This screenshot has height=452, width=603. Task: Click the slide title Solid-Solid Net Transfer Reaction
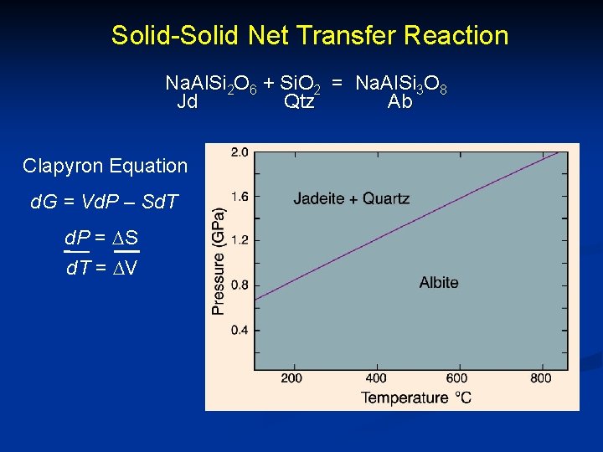[310, 35]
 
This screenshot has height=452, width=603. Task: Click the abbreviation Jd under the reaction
[188, 102]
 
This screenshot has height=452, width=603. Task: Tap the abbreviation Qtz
[299, 102]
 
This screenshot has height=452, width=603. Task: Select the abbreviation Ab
[399, 102]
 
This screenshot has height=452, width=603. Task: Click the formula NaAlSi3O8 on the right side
[400, 84]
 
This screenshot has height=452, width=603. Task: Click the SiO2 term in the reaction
[299, 84]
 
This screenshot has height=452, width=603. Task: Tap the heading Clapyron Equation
[106, 166]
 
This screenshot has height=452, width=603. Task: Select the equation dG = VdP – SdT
[105, 202]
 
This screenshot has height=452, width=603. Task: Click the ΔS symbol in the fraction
[126, 239]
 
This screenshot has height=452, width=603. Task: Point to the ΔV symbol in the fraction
[126, 269]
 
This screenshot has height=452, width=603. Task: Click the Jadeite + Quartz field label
[351, 198]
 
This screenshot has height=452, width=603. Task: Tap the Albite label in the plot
[439, 282]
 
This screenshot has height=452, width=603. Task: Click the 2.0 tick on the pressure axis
[240, 152]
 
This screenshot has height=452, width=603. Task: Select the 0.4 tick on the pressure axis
[240, 330]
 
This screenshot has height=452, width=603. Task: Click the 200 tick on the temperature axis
[291, 378]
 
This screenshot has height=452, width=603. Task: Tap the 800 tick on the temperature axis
[541, 378]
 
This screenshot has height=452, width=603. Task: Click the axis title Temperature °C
[416, 397]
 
